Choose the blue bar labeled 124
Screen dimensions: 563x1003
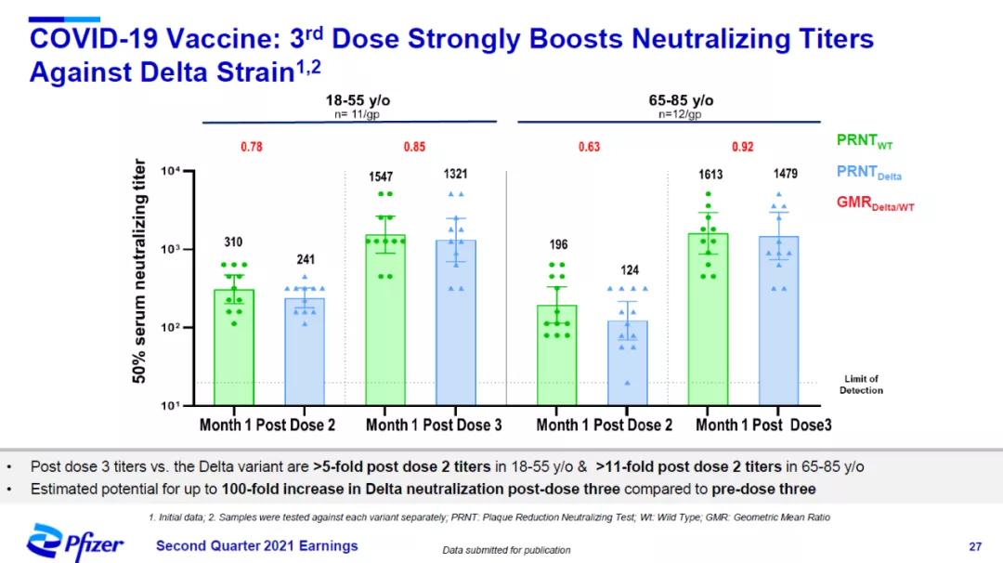tap(628, 362)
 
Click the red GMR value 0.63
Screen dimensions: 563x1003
tap(590, 147)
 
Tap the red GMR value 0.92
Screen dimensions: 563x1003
tap(742, 147)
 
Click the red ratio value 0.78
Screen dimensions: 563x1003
tap(252, 147)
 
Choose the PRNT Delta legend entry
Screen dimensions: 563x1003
tap(868, 173)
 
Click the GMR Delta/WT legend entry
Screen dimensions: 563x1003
tap(875, 203)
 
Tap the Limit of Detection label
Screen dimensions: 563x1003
tap(861, 385)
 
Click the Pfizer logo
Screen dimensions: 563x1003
tap(74, 543)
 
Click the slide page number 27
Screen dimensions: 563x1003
tap(975, 545)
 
